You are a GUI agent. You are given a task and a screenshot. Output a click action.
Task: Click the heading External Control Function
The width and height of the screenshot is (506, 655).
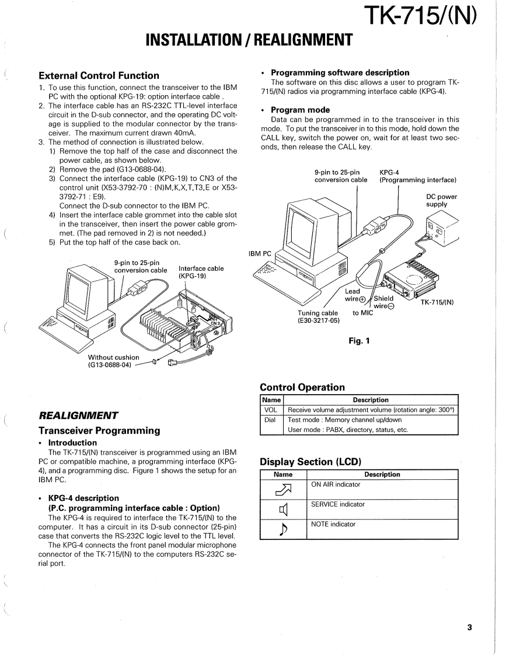(x=99, y=75)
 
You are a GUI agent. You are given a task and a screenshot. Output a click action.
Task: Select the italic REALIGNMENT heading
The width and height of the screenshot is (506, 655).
(x=78, y=416)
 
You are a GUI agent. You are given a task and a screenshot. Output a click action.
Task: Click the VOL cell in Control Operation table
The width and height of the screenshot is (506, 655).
(x=271, y=410)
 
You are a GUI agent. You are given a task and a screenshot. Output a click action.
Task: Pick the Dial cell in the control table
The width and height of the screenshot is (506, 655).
(x=270, y=420)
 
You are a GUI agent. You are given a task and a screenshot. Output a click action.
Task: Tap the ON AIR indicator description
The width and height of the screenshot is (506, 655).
(x=336, y=485)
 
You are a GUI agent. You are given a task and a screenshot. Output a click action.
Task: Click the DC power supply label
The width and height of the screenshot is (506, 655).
(x=441, y=200)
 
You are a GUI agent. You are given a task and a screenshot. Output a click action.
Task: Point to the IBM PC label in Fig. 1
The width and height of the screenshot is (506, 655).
(x=260, y=254)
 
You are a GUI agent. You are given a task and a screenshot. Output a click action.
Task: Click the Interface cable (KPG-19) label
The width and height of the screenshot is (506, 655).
(x=201, y=273)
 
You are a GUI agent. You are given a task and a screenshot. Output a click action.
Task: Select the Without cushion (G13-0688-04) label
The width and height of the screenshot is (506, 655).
(x=114, y=361)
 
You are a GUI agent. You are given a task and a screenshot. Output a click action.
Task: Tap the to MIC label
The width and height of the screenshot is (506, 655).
(x=362, y=312)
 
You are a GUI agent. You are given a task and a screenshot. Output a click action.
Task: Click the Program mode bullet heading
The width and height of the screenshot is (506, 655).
(x=300, y=110)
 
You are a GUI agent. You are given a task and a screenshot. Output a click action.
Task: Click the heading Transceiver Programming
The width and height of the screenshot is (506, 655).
(x=99, y=430)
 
